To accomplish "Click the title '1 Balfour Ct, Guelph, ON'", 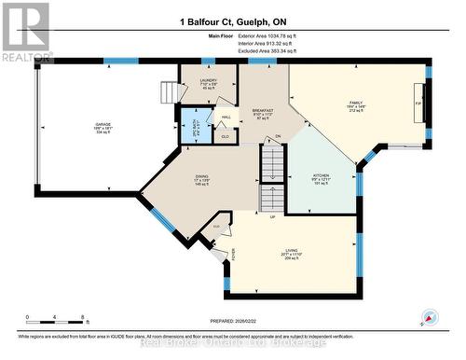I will click(232, 21).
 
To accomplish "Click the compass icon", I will click(431, 316).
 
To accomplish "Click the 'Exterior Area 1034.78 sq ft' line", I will click(257, 37).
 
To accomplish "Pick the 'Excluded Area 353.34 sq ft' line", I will click(257, 52).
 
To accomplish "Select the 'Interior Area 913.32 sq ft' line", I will click(257, 45).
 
